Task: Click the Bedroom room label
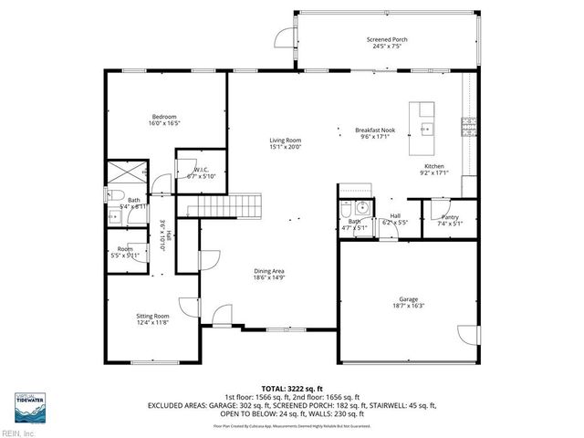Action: [164, 117]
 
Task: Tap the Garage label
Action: [407, 298]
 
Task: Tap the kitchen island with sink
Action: [423, 128]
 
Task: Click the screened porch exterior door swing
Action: [285, 37]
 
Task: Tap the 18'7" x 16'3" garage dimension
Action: [407, 306]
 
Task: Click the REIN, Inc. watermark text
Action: [18, 433]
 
